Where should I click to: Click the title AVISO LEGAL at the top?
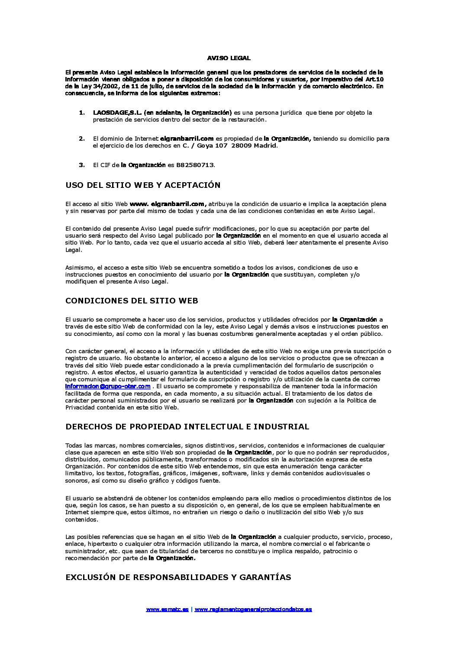[229, 58]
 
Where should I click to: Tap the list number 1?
[81, 113]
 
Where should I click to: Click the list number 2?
[81, 139]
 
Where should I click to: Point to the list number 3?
[81, 165]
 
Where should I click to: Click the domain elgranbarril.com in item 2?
[187, 139]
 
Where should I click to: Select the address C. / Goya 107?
[205, 146]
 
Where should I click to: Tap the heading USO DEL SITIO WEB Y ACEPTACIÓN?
[143, 185]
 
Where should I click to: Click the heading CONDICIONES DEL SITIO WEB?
[132, 300]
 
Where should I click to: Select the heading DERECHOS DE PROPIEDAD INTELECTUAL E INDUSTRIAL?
[187, 426]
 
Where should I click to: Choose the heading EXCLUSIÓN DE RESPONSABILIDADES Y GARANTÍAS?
[178, 577]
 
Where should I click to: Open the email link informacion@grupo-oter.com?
[108, 386]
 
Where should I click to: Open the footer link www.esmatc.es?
[167, 609]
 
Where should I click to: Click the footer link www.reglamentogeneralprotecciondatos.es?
[253, 609]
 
